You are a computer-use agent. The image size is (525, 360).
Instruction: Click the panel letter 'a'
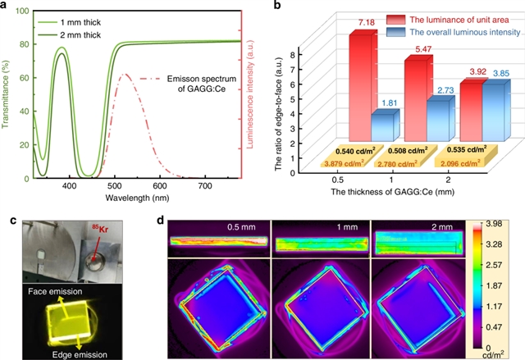coord(6,7)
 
